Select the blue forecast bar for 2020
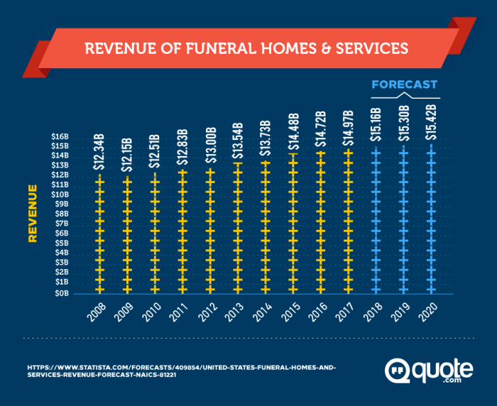click(x=430, y=220)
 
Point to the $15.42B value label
click(x=430, y=123)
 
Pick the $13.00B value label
click(x=210, y=146)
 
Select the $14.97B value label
click(x=348, y=128)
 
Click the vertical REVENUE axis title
click(x=32, y=214)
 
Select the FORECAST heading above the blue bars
click(x=405, y=84)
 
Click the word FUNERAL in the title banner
click(x=227, y=49)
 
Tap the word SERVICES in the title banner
click(x=373, y=49)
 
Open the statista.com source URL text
click(x=177, y=371)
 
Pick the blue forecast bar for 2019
click(x=403, y=220)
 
